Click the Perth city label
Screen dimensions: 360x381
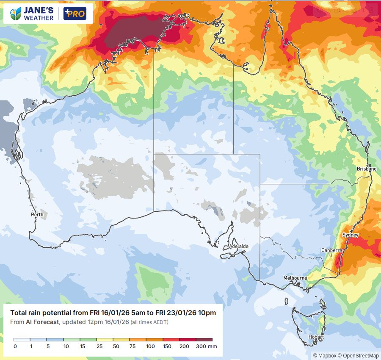37,215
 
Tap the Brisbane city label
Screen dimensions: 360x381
366,169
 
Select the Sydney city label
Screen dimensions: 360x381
350,235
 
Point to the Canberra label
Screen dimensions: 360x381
331,250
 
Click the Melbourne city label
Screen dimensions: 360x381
295,278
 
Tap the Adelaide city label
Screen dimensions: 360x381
239,246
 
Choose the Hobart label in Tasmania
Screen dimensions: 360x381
316,338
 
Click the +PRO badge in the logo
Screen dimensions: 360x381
75,14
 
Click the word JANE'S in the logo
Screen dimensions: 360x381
39,11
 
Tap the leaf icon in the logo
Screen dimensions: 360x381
15,14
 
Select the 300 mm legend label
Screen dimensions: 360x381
206,346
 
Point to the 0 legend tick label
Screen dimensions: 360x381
15,346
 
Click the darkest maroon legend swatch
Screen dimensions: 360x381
204,340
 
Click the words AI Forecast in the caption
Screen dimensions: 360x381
42,322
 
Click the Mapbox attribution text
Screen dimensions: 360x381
324,355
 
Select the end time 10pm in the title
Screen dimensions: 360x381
207,313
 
